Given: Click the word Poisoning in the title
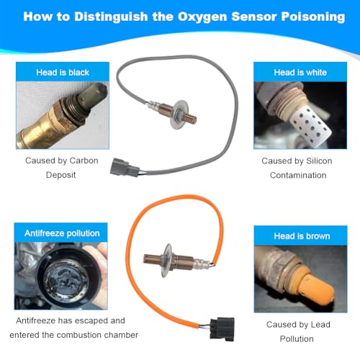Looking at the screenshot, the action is click(x=313, y=17).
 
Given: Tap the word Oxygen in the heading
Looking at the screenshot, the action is click(x=202, y=17).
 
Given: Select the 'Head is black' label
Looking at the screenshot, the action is click(x=63, y=72).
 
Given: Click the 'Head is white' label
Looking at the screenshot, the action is click(x=300, y=72).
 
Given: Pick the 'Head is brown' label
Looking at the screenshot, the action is click(x=302, y=236).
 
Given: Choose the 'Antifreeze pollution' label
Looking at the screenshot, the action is click(x=62, y=233).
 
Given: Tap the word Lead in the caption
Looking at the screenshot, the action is click(x=320, y=325).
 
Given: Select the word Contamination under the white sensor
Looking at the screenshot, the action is click(x=298, y=175).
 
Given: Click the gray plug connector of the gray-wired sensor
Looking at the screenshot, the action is click(x=124, y=167).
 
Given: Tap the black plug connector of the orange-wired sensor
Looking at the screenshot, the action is click(x=222, y=329).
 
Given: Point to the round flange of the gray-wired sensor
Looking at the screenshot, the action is click(x=179, y=114).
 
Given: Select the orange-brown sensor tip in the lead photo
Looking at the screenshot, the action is click(x=316, y=288).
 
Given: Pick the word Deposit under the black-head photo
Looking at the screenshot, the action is click(x=61, y=175).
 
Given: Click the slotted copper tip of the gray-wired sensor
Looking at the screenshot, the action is click(x=189, y=118).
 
